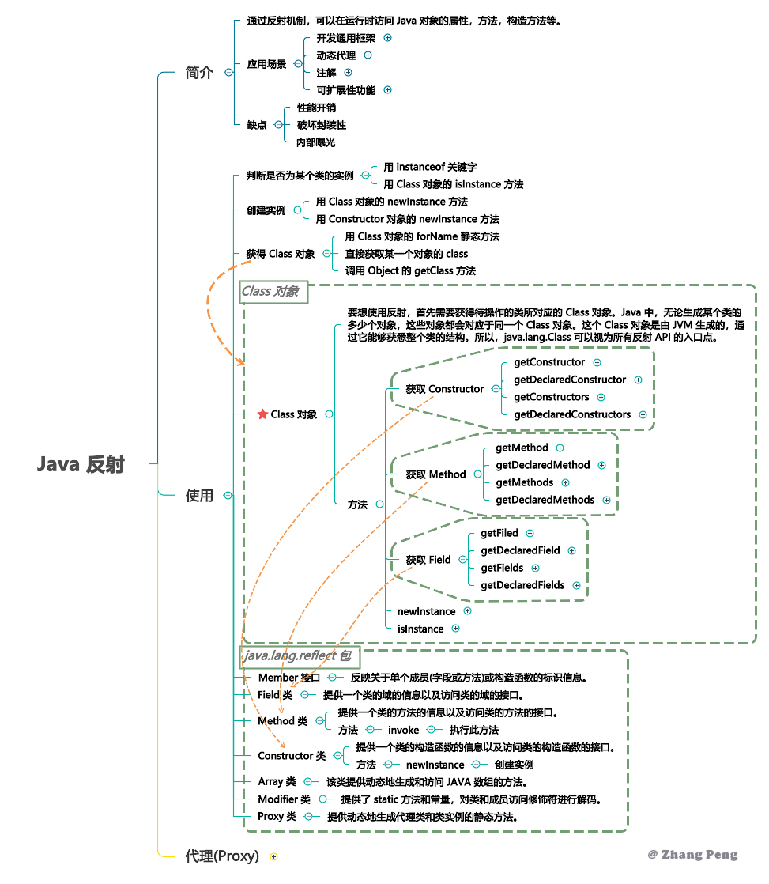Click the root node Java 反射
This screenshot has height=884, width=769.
coord(81,464)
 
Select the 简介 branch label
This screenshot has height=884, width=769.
coord(199,72)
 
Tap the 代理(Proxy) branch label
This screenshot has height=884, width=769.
coord(221,856)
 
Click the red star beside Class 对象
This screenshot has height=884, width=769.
coord(262,414)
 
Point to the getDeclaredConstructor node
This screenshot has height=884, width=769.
coord(569,380)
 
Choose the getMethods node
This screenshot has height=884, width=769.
coord(524,482)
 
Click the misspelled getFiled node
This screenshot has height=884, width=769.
coord(499,533)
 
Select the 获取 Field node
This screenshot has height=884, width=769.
coord(428,560)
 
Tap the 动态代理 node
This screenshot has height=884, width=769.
coord(336,55)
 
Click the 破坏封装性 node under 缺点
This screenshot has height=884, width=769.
coord(321,125)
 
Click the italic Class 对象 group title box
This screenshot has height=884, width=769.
coord(273,292)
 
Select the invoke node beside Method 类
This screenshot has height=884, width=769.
coord(403,730)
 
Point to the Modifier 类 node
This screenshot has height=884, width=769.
coord(284,799)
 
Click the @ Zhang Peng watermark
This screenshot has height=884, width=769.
coord(692,854)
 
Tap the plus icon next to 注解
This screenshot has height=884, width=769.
coord(348,73)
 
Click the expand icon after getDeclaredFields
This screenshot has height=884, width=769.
coord(576,585)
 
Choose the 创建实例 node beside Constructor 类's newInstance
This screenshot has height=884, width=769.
coord(514,765)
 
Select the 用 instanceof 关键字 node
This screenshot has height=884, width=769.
coord(430,167)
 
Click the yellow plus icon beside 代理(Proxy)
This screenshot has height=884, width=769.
coord(273,856)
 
